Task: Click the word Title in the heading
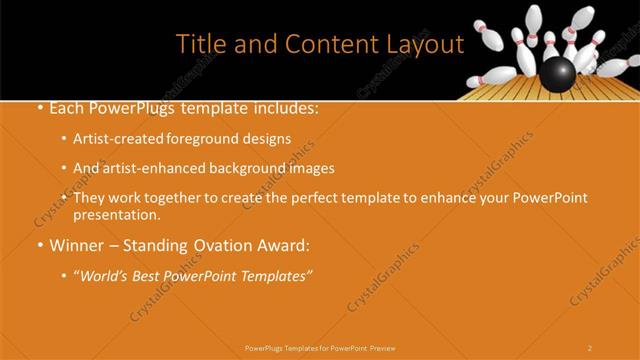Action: (x=200, y=45)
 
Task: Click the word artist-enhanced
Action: (x=151, y=168)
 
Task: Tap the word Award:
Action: (x=284, y=244)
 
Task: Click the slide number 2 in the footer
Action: (x=589, y=347)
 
